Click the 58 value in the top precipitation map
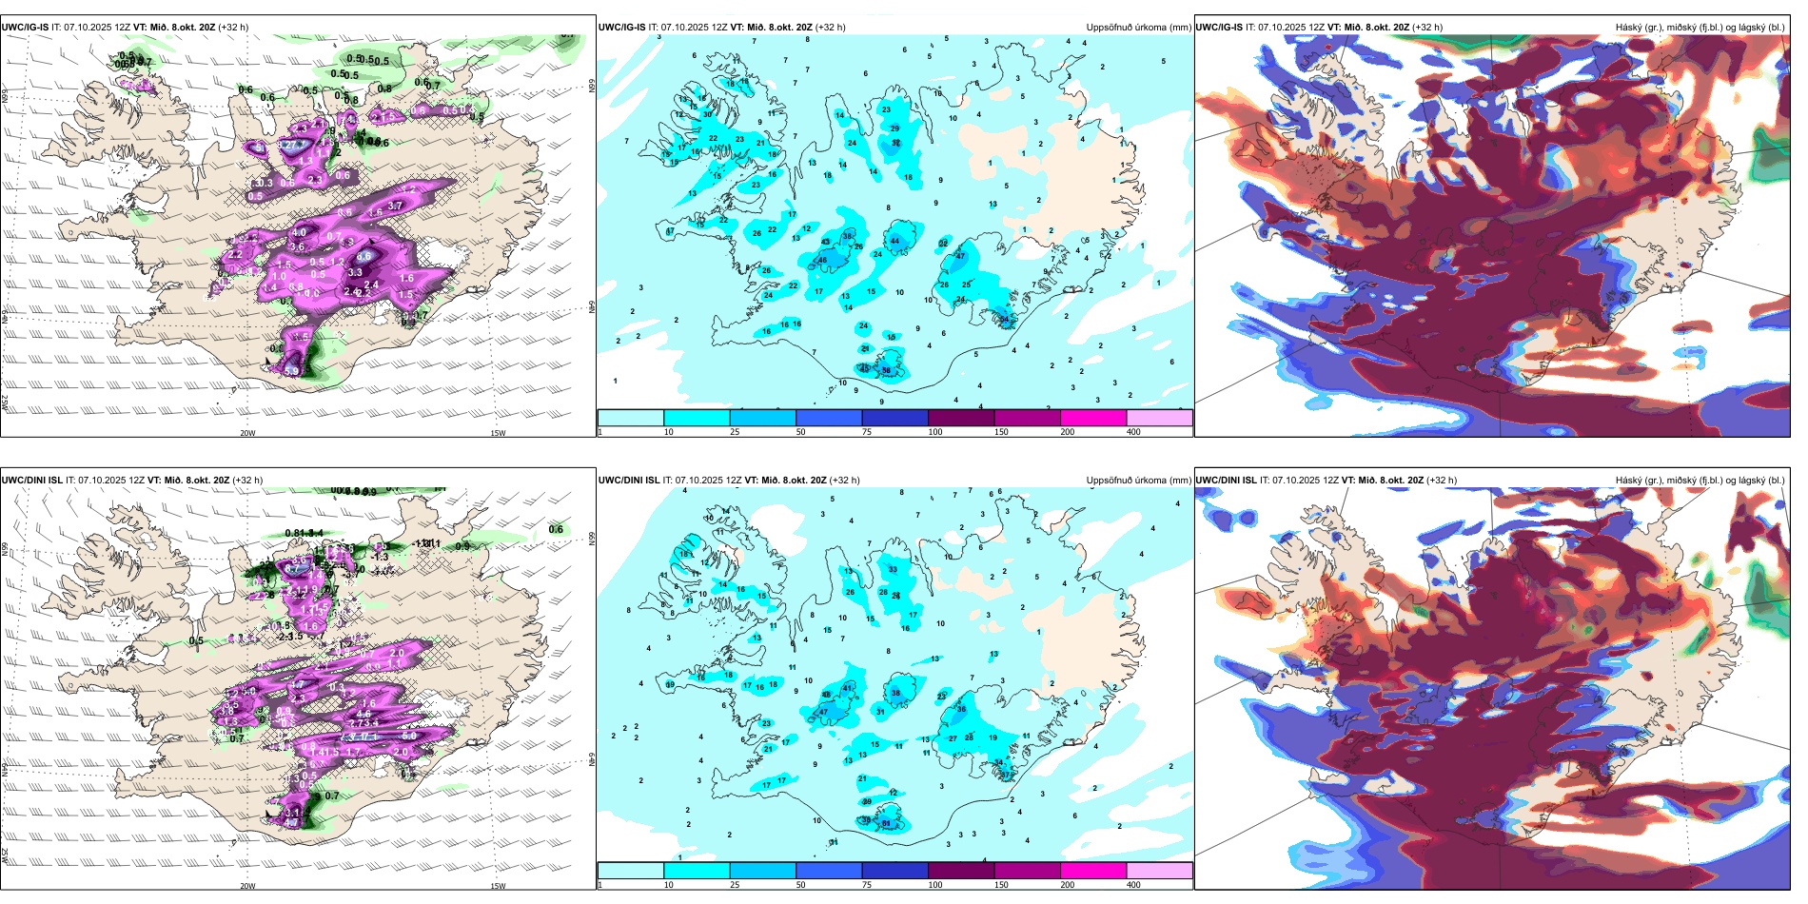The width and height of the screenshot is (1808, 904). [x=886, y=371]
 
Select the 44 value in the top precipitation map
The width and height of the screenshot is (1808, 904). [x=894, y=241]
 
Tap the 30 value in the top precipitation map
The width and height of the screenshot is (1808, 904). [x=707, y=114]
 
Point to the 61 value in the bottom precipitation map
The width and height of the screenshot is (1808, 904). [x=886, y=823]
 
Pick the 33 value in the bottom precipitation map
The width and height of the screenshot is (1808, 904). [x=893, y=569]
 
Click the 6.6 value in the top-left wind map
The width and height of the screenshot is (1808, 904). [x=364, y=256]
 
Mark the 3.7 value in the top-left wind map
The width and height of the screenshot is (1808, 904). [x=396, y=206]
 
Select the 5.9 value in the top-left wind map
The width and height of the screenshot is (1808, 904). [x=292, y=371]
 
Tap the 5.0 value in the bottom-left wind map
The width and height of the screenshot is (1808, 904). [x=409, y=736]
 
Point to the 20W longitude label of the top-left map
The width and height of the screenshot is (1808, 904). [x=247, y=433]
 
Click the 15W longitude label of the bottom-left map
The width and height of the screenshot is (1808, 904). [x=498, y=886]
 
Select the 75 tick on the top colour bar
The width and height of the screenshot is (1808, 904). [x=867, y=432]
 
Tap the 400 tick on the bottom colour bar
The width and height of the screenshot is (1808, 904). [x=1133, y=885]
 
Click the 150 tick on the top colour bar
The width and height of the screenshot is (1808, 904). [x=1000, y=432]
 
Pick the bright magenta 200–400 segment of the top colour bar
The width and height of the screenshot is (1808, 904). [x=1093, y=418]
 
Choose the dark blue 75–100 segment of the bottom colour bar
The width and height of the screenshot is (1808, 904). [x=894, y=871]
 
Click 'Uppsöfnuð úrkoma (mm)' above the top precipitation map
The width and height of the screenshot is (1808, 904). [x=1138, y=28]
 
